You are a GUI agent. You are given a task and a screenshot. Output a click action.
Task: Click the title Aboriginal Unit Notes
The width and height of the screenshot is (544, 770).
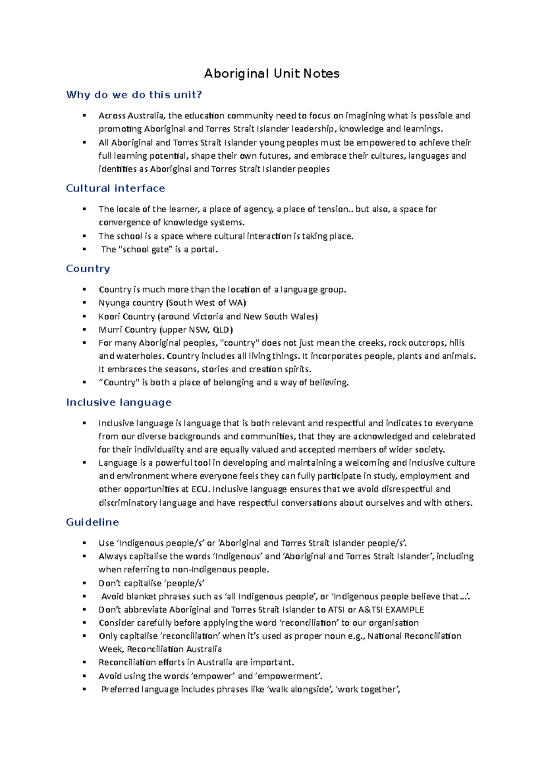[272, 73]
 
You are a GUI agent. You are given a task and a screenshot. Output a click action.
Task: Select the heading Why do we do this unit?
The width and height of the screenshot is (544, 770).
[134, 95]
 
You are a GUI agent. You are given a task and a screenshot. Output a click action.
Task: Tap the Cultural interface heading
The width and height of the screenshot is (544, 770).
[116, 188]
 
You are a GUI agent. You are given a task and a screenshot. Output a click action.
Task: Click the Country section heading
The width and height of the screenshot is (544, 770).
[88, 268]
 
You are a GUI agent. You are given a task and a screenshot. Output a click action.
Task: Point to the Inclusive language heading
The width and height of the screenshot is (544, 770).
[119, 402]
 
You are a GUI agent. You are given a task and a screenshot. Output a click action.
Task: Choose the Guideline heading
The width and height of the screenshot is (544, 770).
[92, 522]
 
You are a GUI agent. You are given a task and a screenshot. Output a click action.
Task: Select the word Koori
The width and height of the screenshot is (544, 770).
[109, 317]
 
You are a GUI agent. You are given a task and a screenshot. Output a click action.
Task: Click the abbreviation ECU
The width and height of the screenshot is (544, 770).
[200, 489]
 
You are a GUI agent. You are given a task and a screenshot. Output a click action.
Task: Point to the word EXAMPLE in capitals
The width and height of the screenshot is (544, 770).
[404, 609]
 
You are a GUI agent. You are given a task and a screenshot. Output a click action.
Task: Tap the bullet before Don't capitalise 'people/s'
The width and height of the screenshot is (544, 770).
[84, 583]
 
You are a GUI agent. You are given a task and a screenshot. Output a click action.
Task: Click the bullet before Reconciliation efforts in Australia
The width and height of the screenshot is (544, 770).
[84, 663]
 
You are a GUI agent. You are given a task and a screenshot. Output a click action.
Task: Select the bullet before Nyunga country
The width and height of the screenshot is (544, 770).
[84, 303]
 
